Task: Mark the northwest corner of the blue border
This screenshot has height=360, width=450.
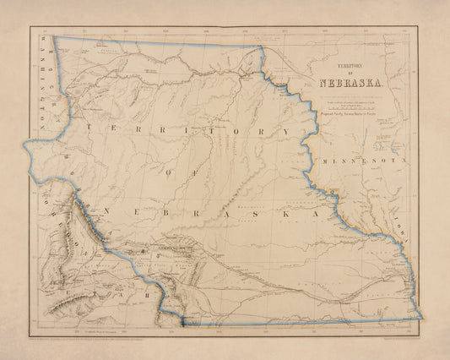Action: coord(53,36)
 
